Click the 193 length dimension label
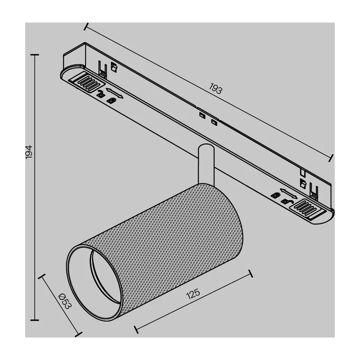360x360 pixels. pyautogui.click(x=216, y=88)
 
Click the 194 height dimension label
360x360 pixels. pyautogui.click(x=29, y=152)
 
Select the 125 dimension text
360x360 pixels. pyautogui.click(x=193, y=294)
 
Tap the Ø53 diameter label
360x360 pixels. pyautogui.click(x=65, y=301)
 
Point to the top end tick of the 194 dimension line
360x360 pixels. pyautogui.click(x=35, y=55)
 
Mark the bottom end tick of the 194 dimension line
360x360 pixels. pyautogui.click(x=35, y=320)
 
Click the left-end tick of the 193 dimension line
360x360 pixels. pyautogui.click(x=86, y=27)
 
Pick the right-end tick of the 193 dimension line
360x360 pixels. pyautogui.click(x=331, y=158)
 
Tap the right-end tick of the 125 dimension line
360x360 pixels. pyautogui.click(x=251, y=274)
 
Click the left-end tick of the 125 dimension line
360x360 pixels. pyautogui.click(x=136, y=329)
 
